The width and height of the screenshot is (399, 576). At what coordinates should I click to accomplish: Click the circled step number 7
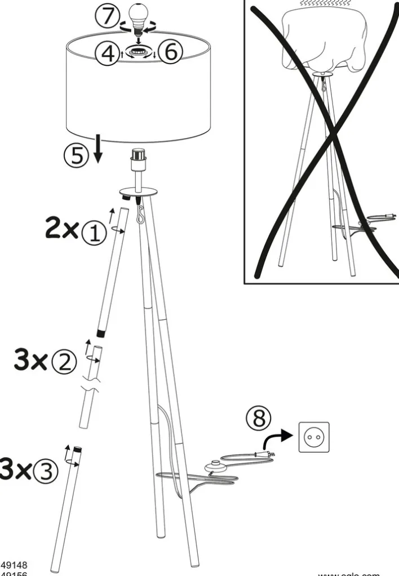tap(107, 16)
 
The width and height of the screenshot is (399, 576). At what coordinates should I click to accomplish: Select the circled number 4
tap(107, 54)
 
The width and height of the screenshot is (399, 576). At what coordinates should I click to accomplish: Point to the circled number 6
tap(170, 53)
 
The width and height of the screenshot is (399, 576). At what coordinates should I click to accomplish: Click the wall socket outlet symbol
tap(313, 437)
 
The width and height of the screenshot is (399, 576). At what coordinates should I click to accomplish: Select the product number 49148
tap(14, 564)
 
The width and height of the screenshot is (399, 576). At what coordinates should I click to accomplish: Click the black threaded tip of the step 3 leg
tap(77, 450)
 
